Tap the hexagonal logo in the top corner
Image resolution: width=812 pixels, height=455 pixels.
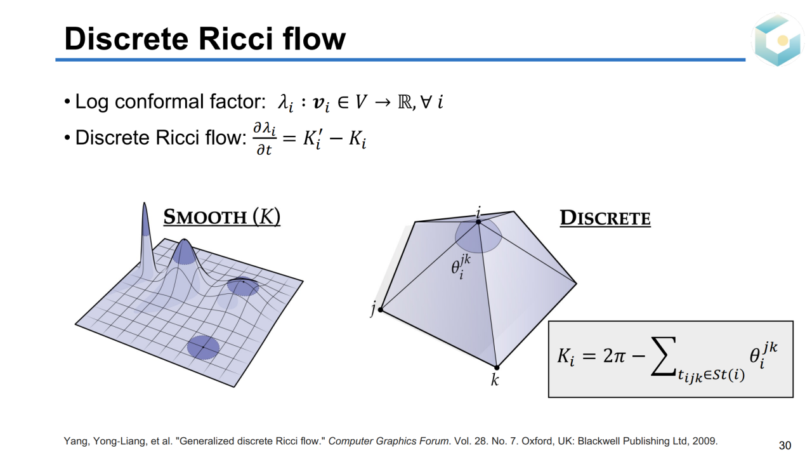777,39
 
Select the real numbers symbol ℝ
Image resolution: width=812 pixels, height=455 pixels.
405,102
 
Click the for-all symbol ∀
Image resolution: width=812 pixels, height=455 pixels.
426,102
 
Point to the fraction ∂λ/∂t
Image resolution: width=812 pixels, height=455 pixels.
265,139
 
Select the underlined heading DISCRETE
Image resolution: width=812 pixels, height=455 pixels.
605,218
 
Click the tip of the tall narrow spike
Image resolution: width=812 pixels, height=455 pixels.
144,203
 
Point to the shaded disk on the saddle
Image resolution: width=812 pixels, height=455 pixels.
243,286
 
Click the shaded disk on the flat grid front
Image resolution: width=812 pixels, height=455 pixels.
204,347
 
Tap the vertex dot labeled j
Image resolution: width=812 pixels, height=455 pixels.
380,310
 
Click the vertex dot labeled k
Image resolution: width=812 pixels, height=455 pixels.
497,367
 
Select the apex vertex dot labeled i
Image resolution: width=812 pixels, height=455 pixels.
478,222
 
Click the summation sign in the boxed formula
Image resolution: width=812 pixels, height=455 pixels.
664,356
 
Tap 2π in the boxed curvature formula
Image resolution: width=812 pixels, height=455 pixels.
614,355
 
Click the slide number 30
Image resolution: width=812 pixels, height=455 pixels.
785,445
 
